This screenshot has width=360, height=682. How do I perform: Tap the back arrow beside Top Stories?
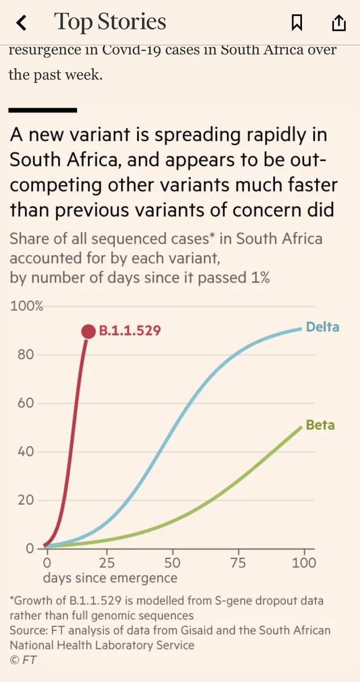pyautogui.click(x=21, y=23)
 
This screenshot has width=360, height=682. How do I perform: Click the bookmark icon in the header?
pyautogui.click(x=297, y=23)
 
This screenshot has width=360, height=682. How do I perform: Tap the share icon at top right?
pyautogui.click(x=339, y=23)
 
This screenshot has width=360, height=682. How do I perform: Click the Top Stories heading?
pyautogui.click(x=110, y=22)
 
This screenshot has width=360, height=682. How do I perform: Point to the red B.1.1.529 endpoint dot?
pyautogui.click(x=89, y=331)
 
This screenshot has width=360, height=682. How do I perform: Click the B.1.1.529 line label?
pyautogui.click(x=130, y=331)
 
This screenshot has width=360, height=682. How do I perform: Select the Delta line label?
pyautogui.click(x=322, y=327)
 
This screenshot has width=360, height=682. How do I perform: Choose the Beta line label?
pyautogui.click(x=320, y=425)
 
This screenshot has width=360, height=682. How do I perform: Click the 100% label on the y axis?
pyautogui.click(x=27, y=306)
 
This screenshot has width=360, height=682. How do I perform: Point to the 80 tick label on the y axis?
pyautogui.click(x=26, y=355)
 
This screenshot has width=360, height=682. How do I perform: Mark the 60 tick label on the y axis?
pyautogui.click(x=26, y=403)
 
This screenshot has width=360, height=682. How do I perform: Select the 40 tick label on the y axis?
pyautogui.click(x=26, y=451)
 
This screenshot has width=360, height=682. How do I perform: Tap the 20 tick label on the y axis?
pyautogui.click(x=26, y=500)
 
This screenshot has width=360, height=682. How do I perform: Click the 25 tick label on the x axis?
pyautogui.click(x=107, y=563)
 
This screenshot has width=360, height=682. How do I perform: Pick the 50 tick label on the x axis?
pyautogui.click(x=172, y=563)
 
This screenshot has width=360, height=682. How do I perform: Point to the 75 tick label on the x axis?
pyautogui.click(x=238, y=563)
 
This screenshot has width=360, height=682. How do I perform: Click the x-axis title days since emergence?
pyautogui.click(x=110, y=578)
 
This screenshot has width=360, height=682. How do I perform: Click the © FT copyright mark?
pyautogui.click(x=23, y=660)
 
